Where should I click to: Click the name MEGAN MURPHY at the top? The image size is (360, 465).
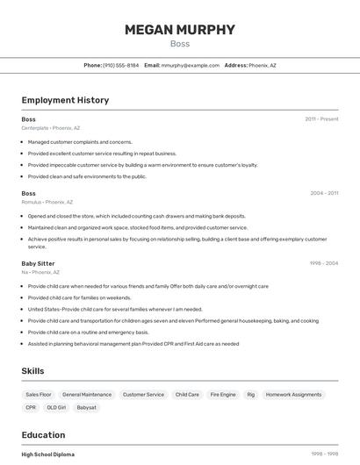(180, 30)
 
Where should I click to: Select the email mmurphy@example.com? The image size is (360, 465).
(190, 65)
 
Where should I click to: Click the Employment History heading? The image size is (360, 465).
(65, 100)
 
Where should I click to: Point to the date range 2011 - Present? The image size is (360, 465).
(321, 118)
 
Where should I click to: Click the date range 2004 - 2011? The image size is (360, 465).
(324, 193)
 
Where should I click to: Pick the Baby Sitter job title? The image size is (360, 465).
(38, 263)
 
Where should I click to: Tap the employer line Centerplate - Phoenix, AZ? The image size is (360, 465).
(51, 128)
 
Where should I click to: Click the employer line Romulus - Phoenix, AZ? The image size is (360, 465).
(47, 202)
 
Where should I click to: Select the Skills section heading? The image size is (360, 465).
(33, 371)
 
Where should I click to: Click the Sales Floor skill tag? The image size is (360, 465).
(39, 395)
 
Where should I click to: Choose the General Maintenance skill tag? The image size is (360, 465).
(87, 395)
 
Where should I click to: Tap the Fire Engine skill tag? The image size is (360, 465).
(223, 395)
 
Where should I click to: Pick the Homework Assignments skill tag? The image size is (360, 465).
(293, 395)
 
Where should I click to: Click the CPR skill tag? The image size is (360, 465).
(31, 408)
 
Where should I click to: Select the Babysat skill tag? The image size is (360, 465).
(86, 408)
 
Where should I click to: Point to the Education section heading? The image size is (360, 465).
(43, 435)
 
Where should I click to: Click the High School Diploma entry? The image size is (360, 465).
(48, 454)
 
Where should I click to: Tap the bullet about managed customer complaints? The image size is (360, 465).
(80, 141)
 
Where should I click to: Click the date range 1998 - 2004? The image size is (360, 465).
(324, 263)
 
